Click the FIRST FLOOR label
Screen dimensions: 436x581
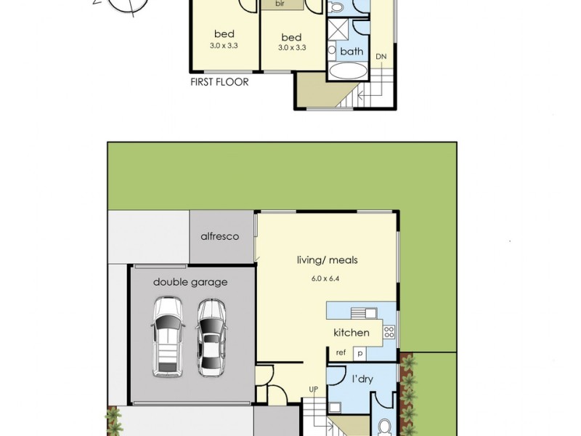tap(219, 82)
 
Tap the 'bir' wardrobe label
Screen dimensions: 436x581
tap(280, 4)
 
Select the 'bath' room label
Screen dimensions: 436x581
tap(352, 51)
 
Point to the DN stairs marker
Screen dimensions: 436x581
tap(381, 56)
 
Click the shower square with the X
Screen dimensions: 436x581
tap(338, 30)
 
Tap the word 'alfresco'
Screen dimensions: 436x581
tap(220, 237)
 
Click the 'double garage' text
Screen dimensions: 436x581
tap(190, 282)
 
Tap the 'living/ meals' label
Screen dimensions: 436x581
tap(327, 260)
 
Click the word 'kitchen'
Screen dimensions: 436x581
tap(352, 333)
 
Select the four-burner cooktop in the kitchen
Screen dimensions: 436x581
tap(389, 332)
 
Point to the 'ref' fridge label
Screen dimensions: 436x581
tap(341, 352)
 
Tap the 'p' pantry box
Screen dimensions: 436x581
tap(358, 352)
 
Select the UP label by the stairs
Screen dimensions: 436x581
tap(314, 389)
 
